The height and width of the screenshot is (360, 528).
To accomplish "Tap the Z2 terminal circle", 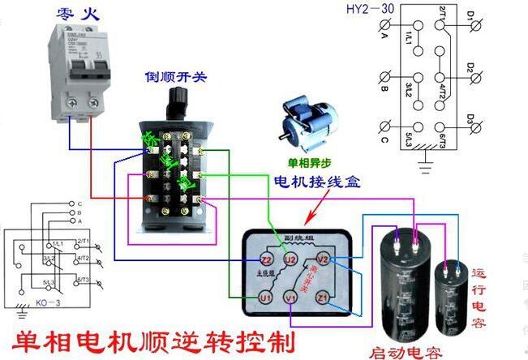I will [265, 259].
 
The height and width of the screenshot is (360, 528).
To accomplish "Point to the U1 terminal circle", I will [265, 298].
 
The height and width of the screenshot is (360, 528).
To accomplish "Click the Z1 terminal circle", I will [323, 298].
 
